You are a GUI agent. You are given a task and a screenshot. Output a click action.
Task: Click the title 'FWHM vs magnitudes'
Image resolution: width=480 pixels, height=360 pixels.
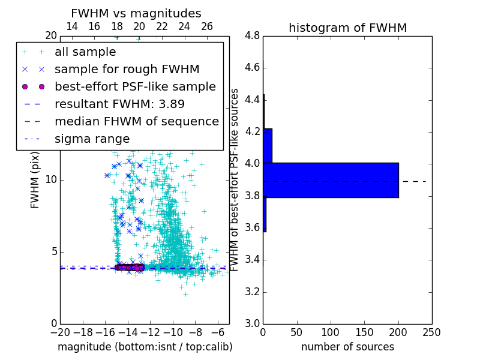136,13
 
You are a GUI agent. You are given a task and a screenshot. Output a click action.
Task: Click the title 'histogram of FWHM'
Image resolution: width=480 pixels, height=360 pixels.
347,28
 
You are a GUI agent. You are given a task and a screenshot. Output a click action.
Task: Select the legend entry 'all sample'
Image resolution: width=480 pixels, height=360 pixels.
85,52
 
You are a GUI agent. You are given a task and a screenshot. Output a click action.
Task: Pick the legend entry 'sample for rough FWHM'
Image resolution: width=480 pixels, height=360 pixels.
127,69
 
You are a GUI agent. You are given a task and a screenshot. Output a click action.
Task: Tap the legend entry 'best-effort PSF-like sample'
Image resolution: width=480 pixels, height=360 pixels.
135,86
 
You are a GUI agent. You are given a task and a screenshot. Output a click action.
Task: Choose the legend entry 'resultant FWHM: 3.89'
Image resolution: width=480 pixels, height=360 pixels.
119,104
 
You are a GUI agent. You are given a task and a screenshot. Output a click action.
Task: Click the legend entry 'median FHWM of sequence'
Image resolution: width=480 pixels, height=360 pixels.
136,121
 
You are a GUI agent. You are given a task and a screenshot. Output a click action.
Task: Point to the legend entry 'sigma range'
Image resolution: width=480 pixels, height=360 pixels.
92,139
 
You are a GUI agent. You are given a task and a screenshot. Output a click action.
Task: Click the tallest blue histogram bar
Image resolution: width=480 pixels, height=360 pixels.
331,180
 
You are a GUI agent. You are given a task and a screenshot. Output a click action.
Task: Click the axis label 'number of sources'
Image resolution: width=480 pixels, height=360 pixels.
347,347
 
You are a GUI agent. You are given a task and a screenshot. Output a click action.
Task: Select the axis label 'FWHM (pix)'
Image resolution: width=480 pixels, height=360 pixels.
35,179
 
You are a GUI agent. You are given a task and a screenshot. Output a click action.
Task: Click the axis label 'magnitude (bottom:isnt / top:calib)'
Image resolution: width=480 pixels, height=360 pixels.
145,347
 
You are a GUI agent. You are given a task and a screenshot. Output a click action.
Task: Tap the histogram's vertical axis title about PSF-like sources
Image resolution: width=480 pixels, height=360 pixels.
235,179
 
